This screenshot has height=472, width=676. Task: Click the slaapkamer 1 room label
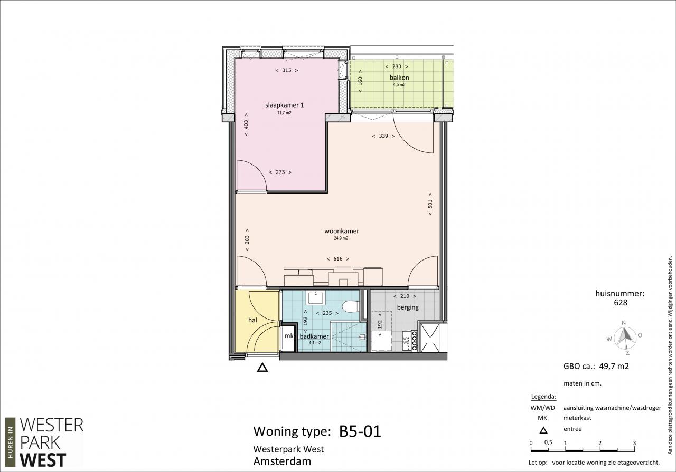pyautogui.click(x=284, y=105)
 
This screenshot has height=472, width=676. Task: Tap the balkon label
pyautogui.click(x=399, y=78)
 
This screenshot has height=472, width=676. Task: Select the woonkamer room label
pyautogui.click(x=342, y=231)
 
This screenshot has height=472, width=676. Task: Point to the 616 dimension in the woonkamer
pyautogui.click(x=338, y=258)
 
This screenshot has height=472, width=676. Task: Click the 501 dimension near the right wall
pyautogui.click(x=430, y=204)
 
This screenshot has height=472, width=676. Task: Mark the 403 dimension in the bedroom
pyautogui.click(x=246, y=124)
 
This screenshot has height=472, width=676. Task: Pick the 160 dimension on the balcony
pyautogui.click(x=360, y=81)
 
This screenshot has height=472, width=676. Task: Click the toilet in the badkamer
pyautogui.click(x=350, y=306)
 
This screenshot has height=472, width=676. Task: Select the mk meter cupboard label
pyautogui.click(x=289, y=336)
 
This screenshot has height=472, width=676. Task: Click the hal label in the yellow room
pyautogui.click(x=252, y=320)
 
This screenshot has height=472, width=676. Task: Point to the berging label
pyautogui.click(x=408, y=307)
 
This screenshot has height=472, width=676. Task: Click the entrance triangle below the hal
pyautogui.click(x=262, y=368)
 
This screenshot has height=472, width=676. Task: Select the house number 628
pyautogui.click(x=621, y=303)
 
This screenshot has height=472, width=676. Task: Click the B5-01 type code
pyautogui.click(x=360, y=431)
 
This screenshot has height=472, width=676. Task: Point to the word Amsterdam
pyautogui.click(x=282, y=461)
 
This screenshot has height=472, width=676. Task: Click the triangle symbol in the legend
pyautogui.click(x=543, y=430)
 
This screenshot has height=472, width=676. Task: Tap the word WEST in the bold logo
pyautogui.click(x=43, y=460)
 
